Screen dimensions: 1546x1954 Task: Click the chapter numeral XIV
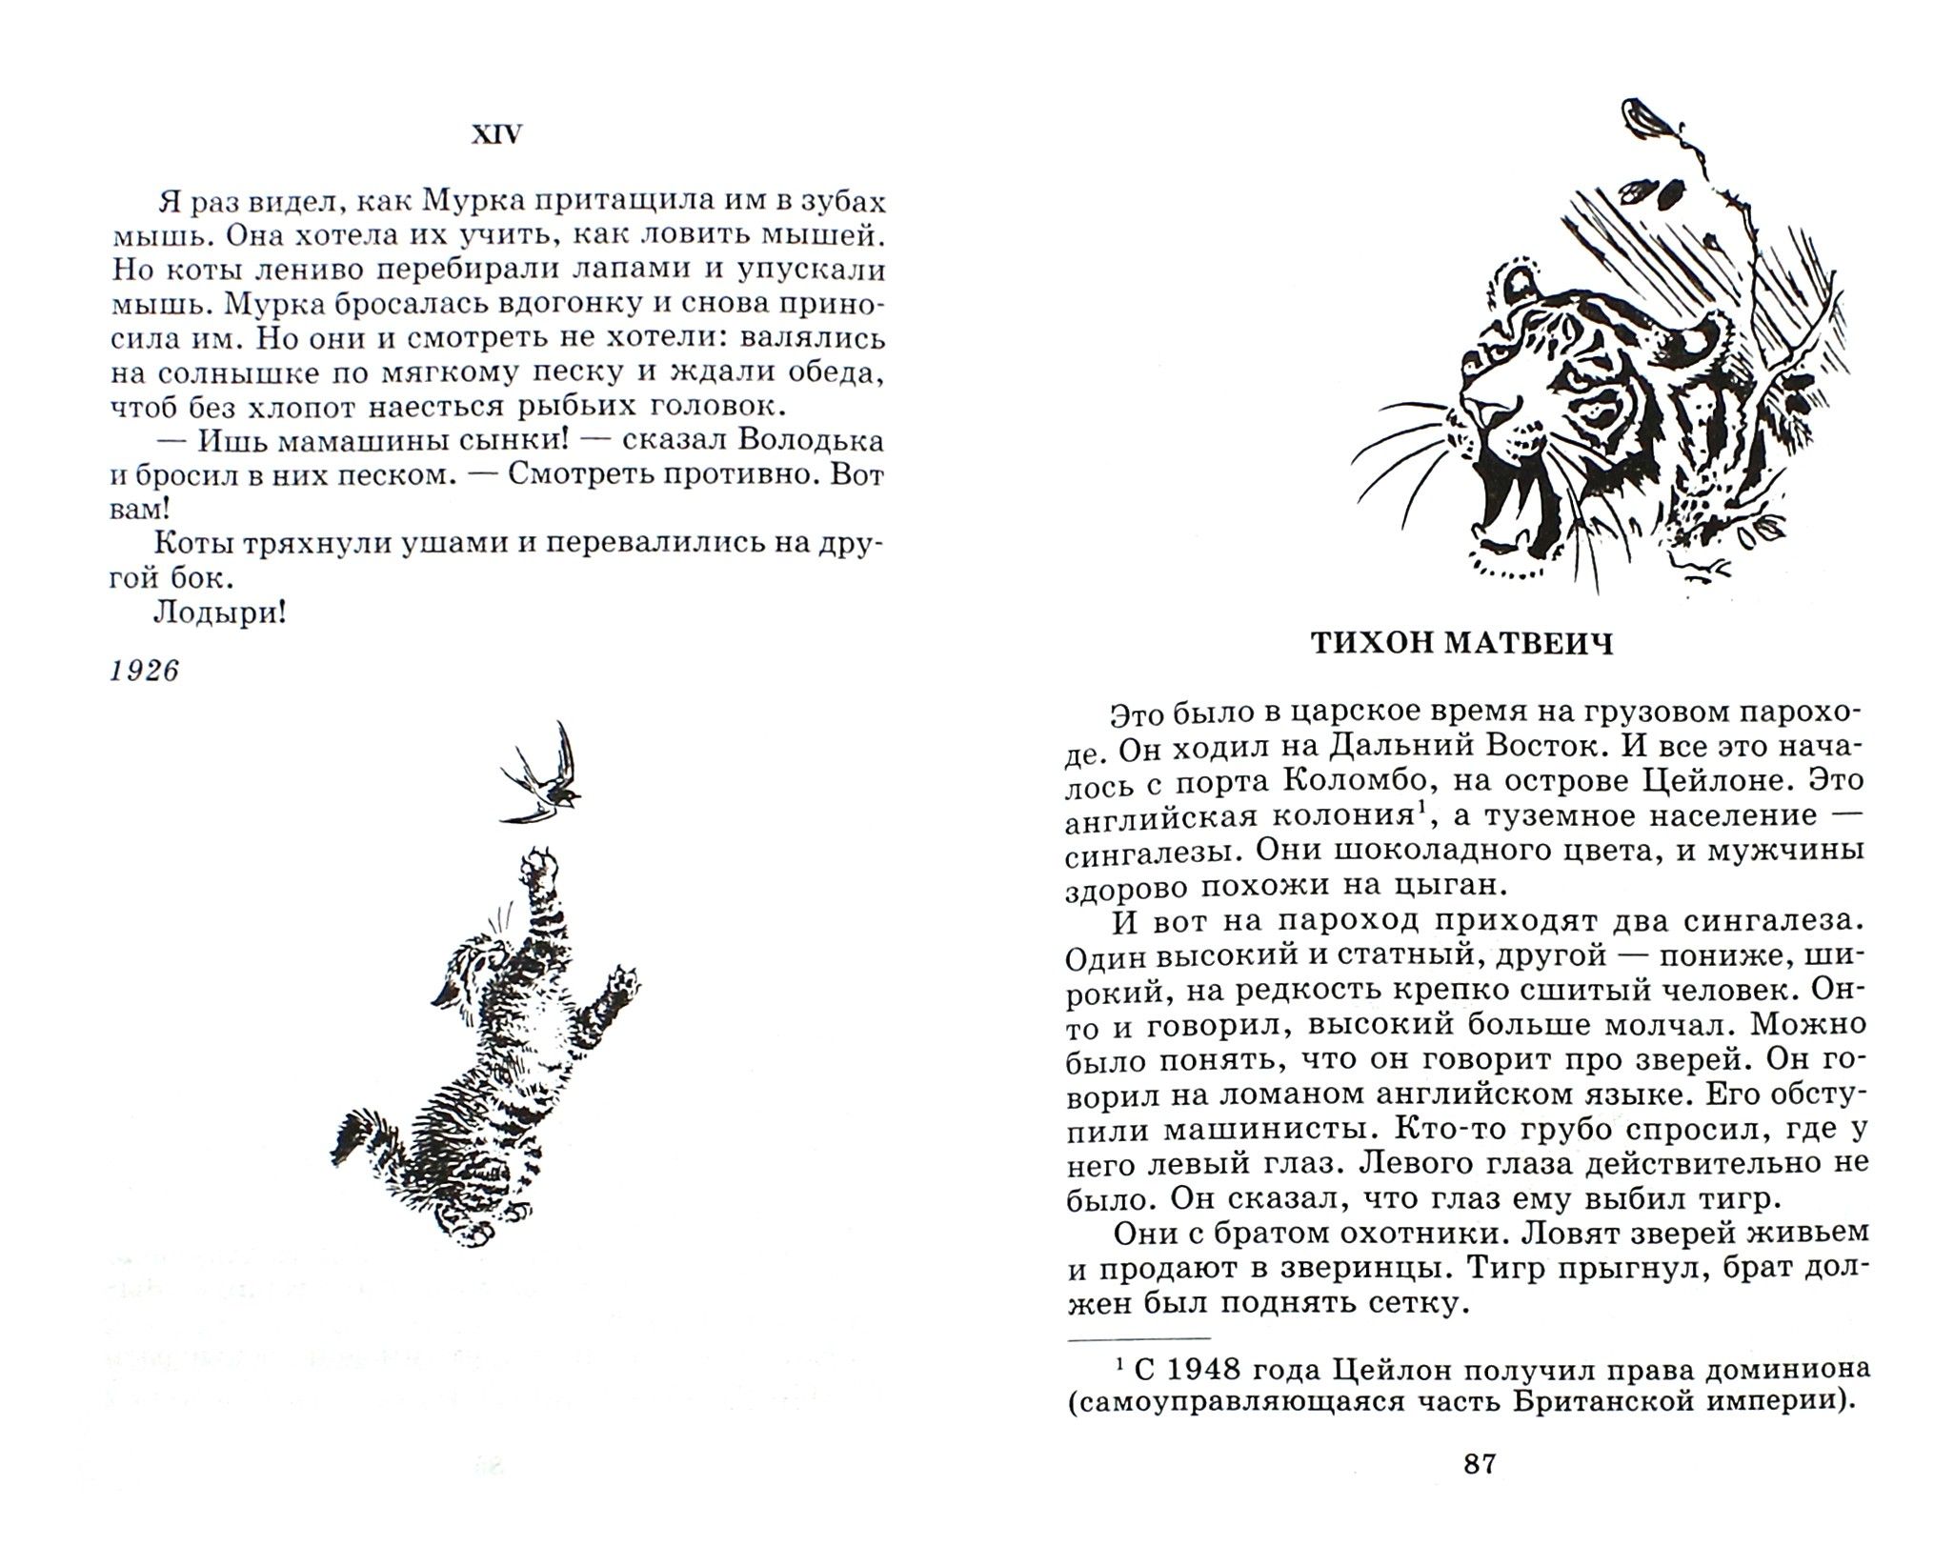(497, 136)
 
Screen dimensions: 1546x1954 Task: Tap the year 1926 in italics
(145, 671)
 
